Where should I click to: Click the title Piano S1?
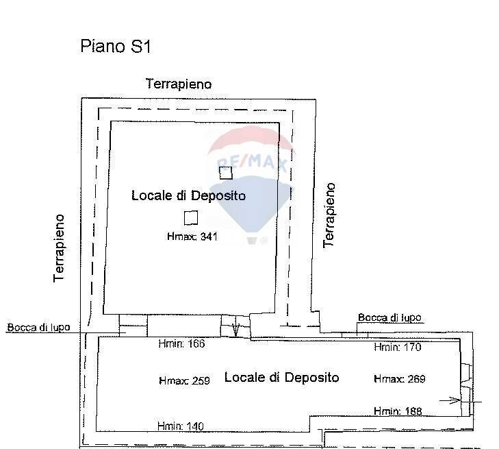115,47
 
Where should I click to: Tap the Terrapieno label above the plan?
179,84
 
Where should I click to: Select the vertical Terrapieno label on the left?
60,247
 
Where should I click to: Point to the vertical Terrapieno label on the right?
329,215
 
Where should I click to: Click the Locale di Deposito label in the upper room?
188,196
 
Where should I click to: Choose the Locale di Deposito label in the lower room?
281,378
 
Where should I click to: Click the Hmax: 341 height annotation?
192,237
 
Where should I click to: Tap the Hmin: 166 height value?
181,344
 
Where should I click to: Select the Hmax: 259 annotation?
183,380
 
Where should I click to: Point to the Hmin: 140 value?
180,426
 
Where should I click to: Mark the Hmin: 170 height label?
397,348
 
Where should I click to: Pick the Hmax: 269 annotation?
400,379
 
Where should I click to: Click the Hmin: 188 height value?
398,411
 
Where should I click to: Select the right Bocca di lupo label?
389,317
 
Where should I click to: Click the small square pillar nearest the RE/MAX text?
226,173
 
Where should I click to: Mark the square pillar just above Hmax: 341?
191,217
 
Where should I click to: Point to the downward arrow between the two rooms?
236,328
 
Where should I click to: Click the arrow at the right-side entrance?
454,400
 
